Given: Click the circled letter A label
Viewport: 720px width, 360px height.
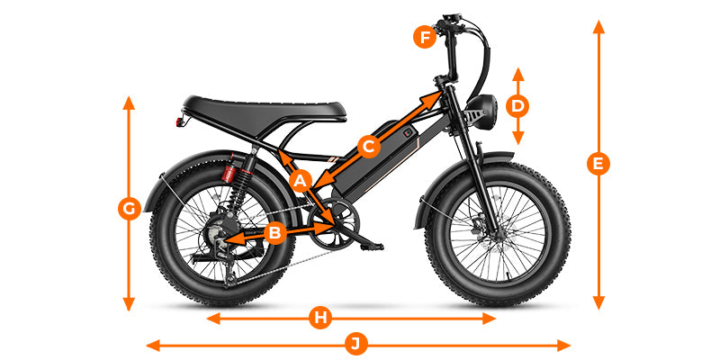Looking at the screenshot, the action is coord(301,181).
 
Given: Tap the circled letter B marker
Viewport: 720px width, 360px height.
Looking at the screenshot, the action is coord(274,233).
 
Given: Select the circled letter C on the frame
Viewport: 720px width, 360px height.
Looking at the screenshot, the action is coord(369,147).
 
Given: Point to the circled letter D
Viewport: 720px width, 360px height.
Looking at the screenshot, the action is coord(517,106).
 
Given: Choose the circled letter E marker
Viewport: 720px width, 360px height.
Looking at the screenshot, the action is coord(598,164).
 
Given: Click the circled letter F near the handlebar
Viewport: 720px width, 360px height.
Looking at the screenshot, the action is coord(424,37).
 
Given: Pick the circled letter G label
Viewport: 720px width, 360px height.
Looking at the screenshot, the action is coord(130,210).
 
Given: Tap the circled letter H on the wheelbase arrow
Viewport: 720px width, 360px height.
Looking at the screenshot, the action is coord(320,318).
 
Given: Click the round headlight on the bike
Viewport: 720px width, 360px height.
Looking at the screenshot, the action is coord(482,112).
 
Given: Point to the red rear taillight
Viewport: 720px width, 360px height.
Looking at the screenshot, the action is coord(179,122).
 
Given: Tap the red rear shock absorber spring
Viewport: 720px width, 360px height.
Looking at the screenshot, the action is coord(229,174).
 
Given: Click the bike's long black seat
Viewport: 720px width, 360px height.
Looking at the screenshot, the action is coord(264,112).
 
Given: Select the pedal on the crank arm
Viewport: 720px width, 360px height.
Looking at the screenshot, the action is coord(372,247).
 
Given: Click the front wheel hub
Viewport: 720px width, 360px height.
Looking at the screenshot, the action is coord(499,233).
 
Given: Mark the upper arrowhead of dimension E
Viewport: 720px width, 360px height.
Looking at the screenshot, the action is coord(598,27).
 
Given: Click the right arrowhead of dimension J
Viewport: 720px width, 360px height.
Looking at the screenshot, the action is coord(563,345).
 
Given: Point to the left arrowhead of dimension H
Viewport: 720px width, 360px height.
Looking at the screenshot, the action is coord(213,319).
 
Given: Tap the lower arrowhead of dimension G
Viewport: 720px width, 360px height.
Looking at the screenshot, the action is coord(129,303).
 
